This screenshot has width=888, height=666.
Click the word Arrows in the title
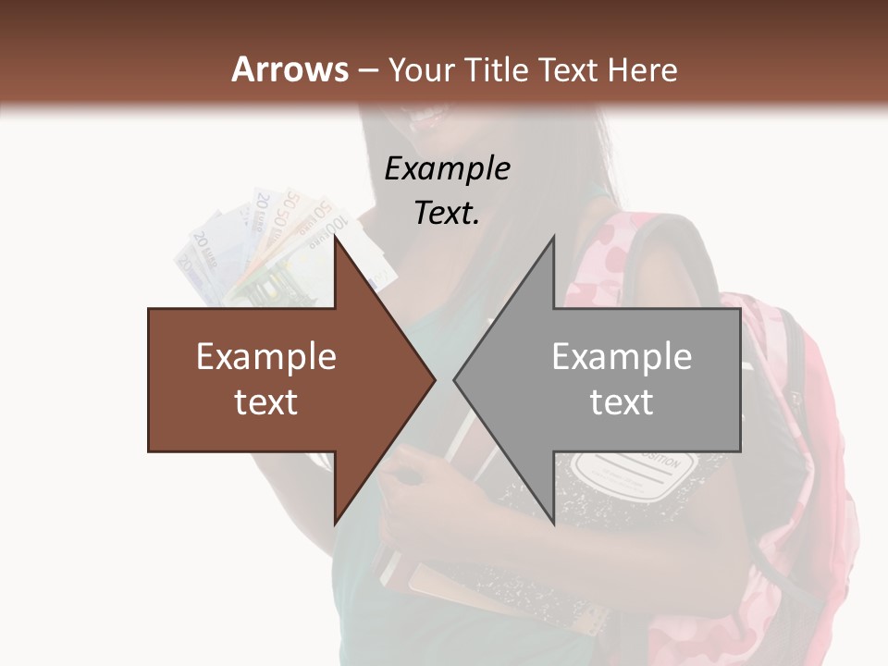click(x=290, y=69)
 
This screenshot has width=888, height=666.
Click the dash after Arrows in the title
click(x=368, y=71)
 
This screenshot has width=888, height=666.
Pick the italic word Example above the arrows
click(x=447, y=168)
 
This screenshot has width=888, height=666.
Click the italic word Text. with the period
click(x=447, y=213)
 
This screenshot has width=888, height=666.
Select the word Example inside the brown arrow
click(x=266, y=357)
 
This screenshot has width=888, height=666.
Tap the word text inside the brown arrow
click(x=266, y=402)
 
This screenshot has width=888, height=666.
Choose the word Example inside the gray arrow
click(x=622, y=357)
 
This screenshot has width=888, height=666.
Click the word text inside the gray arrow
click(x=622, y=402)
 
